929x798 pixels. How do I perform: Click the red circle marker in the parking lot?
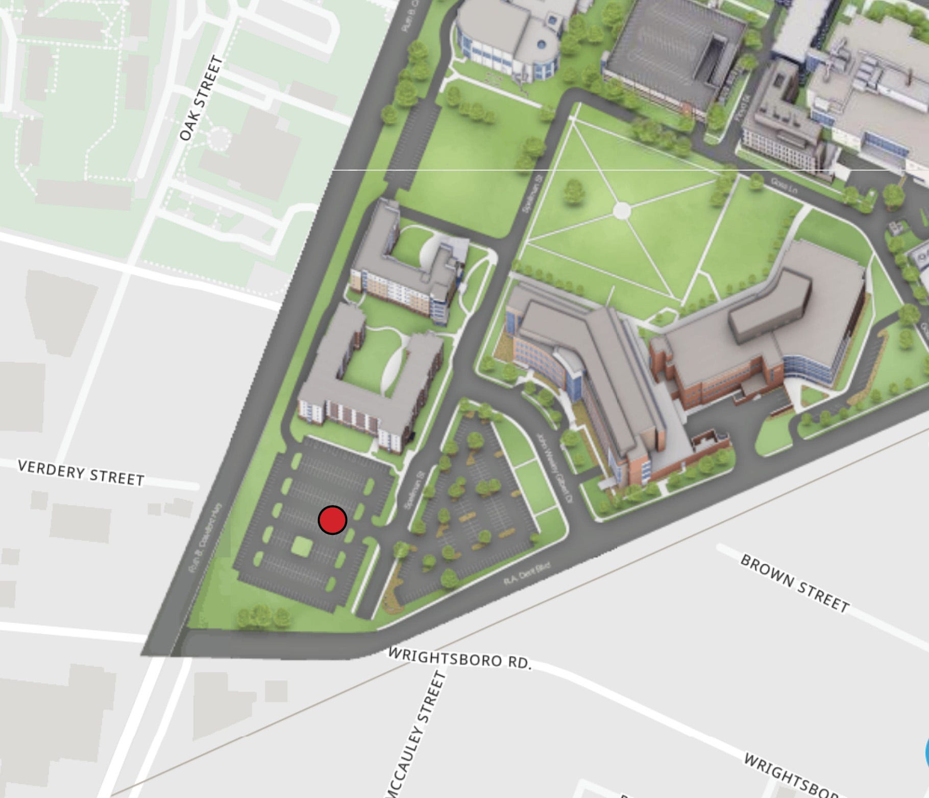(x=332, y=520)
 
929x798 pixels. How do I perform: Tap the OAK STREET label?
(x=202, y=98)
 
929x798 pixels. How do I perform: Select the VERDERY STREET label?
(x=81, y=473)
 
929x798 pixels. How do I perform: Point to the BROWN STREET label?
(x=795, y=583)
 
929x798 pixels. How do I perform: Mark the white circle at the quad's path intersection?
(x=621, y=210)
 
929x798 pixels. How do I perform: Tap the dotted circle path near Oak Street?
(x=220, y=138)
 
